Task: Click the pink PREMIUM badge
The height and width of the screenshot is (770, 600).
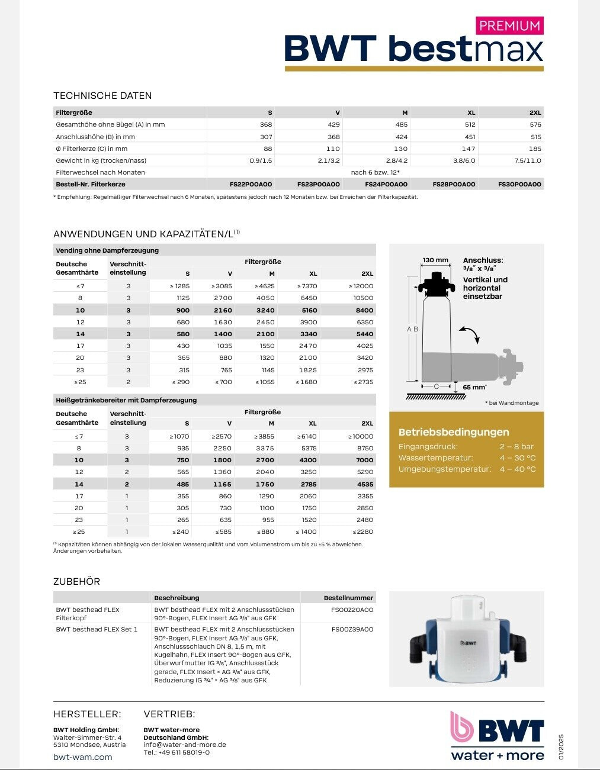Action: pyautogui.click(x=509, y=26)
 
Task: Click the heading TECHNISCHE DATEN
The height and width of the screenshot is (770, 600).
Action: pyautogui.click(x=102, y=96)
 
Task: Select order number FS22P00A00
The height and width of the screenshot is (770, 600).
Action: pyautogui.click(x=251, y=185)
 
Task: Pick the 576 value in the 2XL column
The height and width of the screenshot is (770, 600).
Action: pyautogui.click(x=535, y=125)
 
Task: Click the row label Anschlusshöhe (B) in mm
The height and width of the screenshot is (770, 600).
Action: pyautogui.click(x=95, y=137)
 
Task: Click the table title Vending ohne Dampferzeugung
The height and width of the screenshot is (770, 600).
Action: pyautogui.click(x=107, y=250)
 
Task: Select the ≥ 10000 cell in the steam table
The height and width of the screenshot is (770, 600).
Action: pyautogui.click(x=361, y=437)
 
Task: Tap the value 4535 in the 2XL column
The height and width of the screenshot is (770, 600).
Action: pyautogui.click(x=365, y=484)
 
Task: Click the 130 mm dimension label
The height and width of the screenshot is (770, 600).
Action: pyautogui.click(x=436, y=260)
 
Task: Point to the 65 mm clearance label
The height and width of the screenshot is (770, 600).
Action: pyautogui.click(x=474, y=387)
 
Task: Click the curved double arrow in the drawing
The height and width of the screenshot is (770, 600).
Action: pyautogui.click(x=469, y=334)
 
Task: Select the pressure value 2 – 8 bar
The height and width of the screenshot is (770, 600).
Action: pyautogui.click(x=516, y=447)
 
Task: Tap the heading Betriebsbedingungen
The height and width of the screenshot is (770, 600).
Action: pyautogui.click(x=454, y=432)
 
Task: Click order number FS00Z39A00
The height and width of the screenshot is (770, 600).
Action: pyautogui.click(x=352, y=629)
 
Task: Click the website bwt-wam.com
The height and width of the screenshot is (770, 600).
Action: pyautogui.click(x=82, y=757)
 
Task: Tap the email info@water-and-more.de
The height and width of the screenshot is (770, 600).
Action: pyautogui.click(x=185, y=745)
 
